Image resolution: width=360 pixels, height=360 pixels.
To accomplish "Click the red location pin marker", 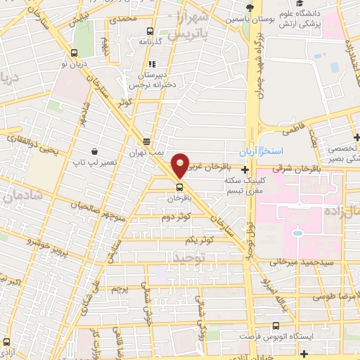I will [181, 165].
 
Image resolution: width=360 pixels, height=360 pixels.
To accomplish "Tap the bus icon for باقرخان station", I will [180, 188].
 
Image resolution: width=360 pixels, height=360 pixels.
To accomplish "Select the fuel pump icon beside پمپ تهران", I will [146, 141].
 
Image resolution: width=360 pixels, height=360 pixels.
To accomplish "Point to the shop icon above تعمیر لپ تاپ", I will [94, 151].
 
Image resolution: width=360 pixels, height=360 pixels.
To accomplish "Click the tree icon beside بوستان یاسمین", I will [247, 8].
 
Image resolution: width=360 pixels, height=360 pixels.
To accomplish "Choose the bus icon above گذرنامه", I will [149, 31].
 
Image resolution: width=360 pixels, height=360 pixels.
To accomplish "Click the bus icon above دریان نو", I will [75, 53].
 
